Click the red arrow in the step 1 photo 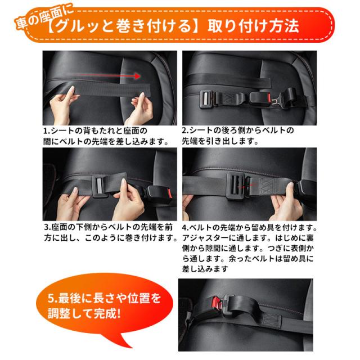108,75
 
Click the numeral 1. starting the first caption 47,131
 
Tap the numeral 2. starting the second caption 186,130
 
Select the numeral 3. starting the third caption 47,227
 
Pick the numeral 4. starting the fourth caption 186,227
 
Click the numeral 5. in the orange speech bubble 52,298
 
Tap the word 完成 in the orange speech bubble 106,313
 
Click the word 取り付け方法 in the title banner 253,26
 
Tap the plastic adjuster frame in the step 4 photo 236,186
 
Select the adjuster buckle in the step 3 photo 100,186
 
